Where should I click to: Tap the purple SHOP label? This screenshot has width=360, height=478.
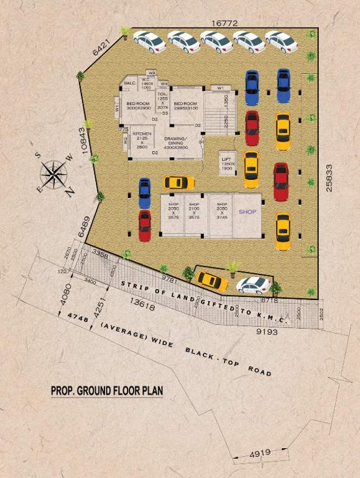247,212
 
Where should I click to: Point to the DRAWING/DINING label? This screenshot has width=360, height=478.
176,143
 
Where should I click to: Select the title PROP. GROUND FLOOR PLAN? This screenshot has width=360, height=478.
106,391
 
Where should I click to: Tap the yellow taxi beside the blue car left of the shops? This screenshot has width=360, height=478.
178,182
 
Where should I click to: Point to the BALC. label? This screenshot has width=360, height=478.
131,83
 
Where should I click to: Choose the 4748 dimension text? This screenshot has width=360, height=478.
73,316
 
